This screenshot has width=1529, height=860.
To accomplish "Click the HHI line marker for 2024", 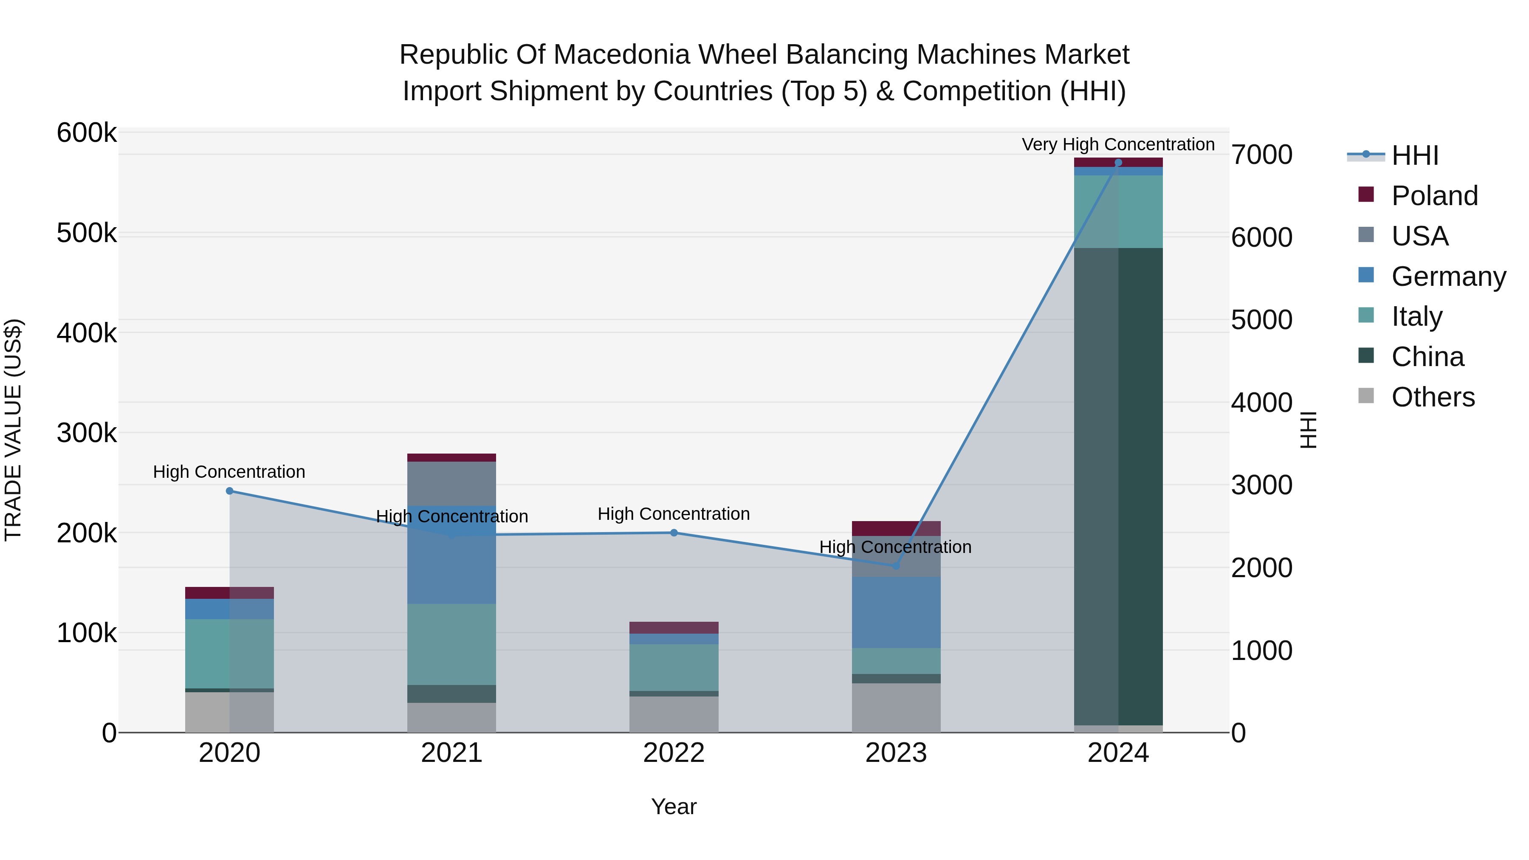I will pyautogui.click(x=1118, y=163).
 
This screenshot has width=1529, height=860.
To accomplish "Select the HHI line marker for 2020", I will pyautogui.click(x=230, y=491).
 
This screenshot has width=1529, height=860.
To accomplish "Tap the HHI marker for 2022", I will pyautogui.click(x=674, y=533).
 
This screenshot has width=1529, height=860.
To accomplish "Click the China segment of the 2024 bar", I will pyautogui.click(x=1118, y=487).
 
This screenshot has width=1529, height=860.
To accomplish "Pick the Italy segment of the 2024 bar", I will pyautogui.click(x=1118, y=211).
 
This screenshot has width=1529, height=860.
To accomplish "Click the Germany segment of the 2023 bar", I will pyautogui.click(x=896, y=612).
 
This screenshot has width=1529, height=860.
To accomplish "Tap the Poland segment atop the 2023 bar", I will pyautogui.click(x=896, y=528).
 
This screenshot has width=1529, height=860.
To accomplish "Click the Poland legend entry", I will pyautogui.click(x=1433, y=196).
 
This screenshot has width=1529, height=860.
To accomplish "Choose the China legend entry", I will pyautogui.click(x=1427, y=357).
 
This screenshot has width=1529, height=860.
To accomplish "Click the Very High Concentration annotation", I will pyautogui.click(x=1118, y=144).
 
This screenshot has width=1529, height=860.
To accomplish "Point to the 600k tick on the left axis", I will pyautogui.click(x=87, y=133).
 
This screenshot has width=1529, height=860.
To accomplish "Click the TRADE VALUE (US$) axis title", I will pyautogui.click(x=14, y=430).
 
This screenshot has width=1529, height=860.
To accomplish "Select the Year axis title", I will pyautogui.click(x=674, y=806).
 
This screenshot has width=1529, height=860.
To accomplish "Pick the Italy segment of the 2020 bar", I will pyautogui.click(x=230, y=654).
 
